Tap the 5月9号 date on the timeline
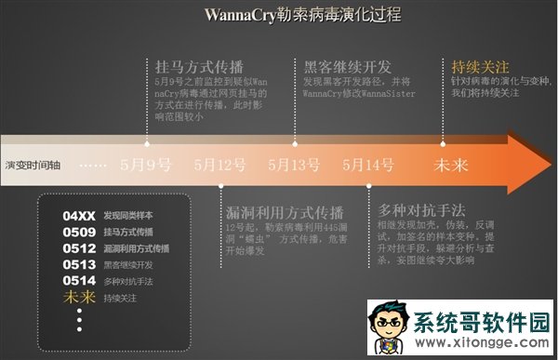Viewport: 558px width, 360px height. [x=147, y=166]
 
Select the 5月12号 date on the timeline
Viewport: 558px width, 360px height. [x=220, y=166]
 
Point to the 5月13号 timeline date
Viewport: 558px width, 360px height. [x=294, y=166]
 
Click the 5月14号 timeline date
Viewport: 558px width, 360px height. [x=367, y=166]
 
